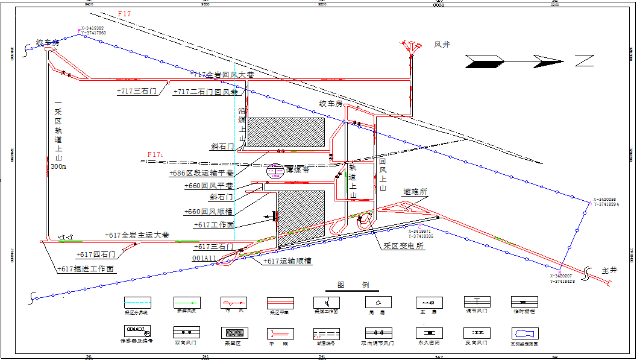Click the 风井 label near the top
click(x=442, y=45)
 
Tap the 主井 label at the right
click(x=610, y=271)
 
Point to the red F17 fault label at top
click(x=125, y=14)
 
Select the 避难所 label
click(x=415, y=191)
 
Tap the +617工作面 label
click(x=214, y=224)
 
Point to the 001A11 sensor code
click(x=205, y=258)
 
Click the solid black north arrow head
click(x=484, y=60)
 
